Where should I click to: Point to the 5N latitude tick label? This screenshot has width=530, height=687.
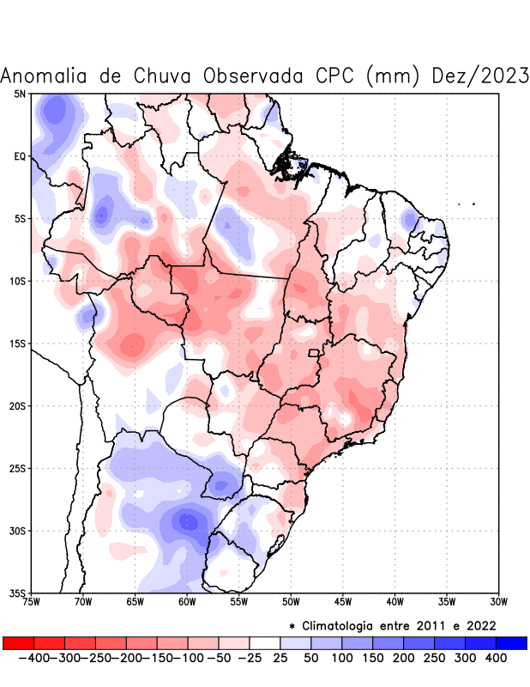(20, 94)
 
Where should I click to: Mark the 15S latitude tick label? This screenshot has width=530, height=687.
(18, 343)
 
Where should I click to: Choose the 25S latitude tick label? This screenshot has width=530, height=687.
(18, 469)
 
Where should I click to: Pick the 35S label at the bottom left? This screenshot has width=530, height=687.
(18, 593)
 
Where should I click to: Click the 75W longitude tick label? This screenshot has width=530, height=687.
(32, 602)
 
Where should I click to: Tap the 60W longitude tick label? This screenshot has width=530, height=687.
(187, 602)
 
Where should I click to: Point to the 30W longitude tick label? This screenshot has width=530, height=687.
(498, 602)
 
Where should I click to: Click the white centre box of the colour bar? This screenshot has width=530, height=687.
(265, 643)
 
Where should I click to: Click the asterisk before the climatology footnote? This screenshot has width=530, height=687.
(292, 626)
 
